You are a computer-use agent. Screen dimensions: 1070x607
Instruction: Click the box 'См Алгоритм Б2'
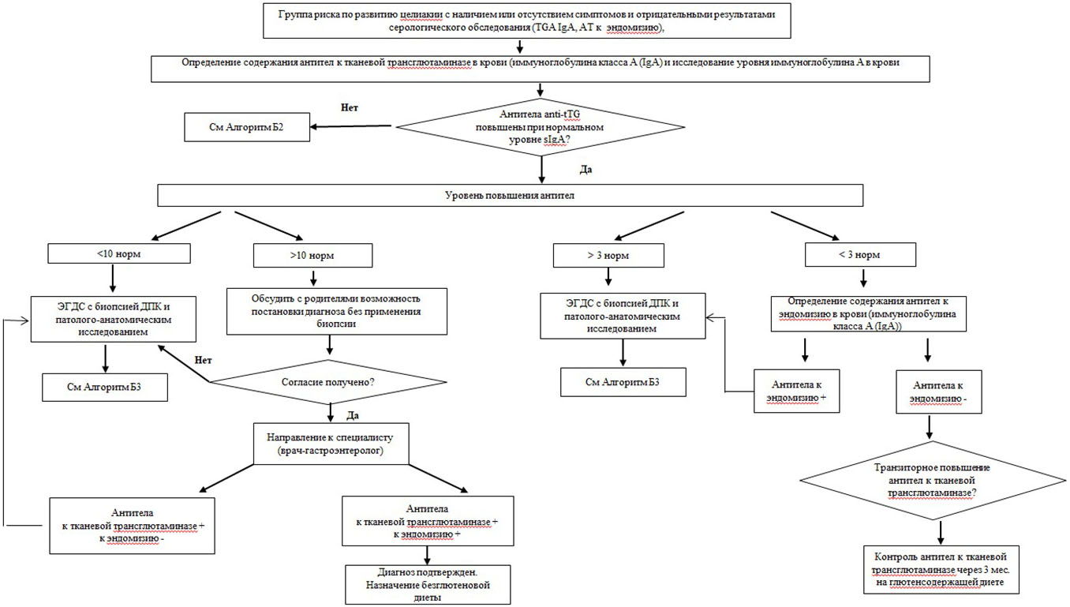coord(247,127)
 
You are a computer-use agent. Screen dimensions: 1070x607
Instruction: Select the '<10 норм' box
coord(119,253)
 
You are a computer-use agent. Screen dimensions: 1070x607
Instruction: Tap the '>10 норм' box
coord(313,255)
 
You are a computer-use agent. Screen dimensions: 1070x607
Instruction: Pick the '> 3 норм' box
coord(608,255)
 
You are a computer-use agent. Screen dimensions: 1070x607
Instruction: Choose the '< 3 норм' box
coord(860,255)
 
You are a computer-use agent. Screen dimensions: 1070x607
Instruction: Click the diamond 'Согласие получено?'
coord(328,382)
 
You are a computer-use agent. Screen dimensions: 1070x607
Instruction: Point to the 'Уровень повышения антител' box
coord(511,196)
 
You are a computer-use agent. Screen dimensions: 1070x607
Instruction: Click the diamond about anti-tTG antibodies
coord(541,127)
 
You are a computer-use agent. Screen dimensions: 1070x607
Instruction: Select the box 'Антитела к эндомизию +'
coord(797,391)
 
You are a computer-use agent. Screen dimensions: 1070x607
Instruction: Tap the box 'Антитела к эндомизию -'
coord(939,392)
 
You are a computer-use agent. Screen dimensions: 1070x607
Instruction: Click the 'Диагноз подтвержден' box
coord(428,585)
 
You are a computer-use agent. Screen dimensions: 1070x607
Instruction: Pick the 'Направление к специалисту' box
coord(331,444)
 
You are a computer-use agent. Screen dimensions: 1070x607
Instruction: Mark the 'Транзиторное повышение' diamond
coord(933,481)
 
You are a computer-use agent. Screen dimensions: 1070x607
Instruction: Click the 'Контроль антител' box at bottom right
coord(941,570)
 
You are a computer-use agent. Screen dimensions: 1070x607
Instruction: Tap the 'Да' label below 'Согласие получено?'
coord(353,415)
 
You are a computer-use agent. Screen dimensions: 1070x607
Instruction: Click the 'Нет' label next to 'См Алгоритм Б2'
coord(350,107)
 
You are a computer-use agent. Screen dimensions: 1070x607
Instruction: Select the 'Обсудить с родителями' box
coord(337,311)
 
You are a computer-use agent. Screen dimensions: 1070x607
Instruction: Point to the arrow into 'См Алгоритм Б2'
coord(350,126)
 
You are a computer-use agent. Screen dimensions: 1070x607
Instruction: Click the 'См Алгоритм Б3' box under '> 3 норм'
coord(623,382)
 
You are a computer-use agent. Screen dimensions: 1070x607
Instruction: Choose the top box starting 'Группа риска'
coord(527,21)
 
